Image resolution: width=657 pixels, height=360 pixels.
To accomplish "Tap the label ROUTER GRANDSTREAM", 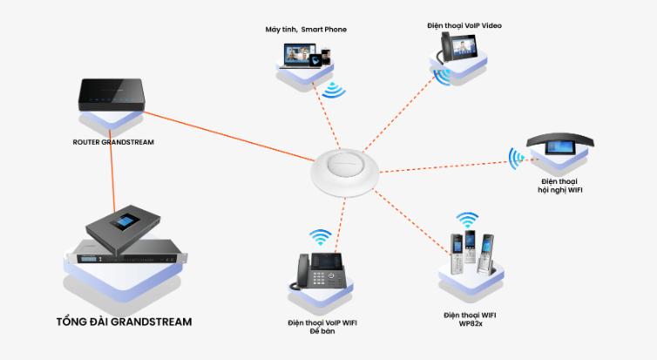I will tap(113, 141).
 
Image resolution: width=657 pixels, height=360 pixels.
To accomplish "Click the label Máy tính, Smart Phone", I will tap(306, 30).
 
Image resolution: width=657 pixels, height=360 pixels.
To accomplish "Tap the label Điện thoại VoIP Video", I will tap(464, 25).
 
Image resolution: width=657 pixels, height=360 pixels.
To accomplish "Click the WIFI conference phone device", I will tap(557, 146).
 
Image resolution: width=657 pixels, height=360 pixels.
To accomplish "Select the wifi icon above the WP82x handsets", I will tap(469, 218).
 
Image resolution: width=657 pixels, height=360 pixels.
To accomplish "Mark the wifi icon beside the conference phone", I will tap(517, 158).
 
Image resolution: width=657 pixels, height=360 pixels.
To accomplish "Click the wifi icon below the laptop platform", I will tap(332, 89).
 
